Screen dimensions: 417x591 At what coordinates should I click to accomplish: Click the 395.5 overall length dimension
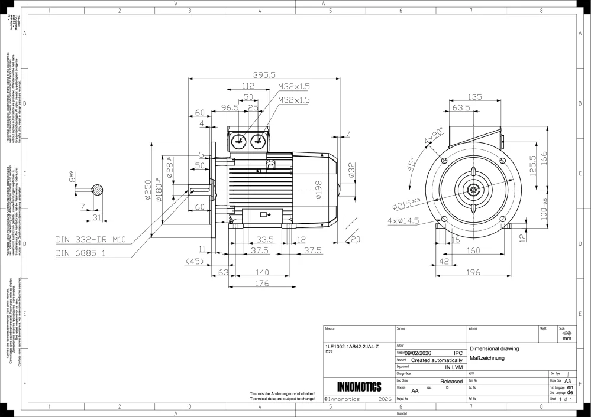[x=264, y=75]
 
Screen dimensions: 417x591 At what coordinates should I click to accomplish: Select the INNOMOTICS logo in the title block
[x=359, y=387]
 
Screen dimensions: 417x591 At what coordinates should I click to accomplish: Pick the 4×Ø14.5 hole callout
[x=404, y=220]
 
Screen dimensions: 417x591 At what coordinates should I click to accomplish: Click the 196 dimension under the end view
[x=472, y=272]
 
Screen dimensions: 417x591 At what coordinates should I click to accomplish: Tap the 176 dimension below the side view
[x=261, y=284]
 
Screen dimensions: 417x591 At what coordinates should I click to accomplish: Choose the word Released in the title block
[x=451, y=382]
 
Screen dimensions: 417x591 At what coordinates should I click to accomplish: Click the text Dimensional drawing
[x=494, y=348]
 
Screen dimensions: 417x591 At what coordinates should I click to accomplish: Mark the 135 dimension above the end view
[x=474, y=97]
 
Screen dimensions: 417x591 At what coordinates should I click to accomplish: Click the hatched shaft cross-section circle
[x=97, y=190]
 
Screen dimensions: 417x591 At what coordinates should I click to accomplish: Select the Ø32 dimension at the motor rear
[x=351, y=170]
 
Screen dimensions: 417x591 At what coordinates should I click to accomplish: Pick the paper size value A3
[x=567, y=382]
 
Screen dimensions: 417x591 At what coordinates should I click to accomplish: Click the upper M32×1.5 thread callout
[x=294, y=86]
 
